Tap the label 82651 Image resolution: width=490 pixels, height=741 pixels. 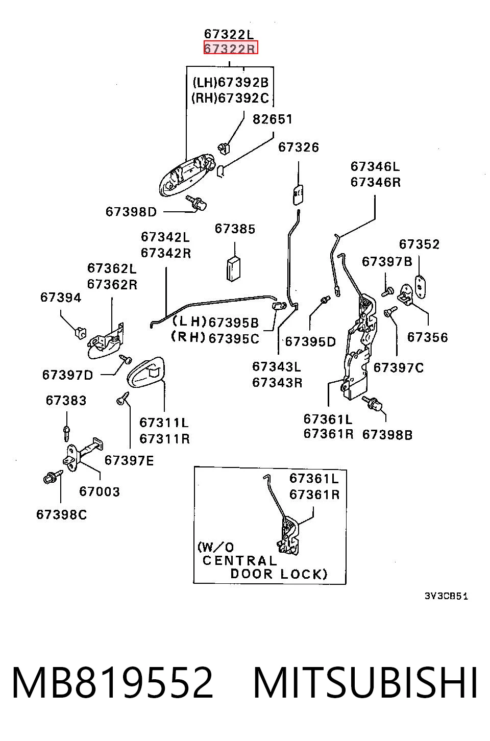(273, 119)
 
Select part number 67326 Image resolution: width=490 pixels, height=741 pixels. (299, 147)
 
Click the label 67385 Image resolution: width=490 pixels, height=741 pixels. (235, 229)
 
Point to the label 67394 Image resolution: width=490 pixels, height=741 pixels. (61, 298)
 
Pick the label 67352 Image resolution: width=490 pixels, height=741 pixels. (419, 244)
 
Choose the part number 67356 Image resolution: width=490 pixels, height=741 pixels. (427, 337)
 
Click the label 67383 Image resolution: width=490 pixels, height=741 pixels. (66, 400)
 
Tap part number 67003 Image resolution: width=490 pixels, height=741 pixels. (99, 491)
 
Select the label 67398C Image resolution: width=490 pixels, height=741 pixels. (62, 515)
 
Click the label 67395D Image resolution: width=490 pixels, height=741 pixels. (311, 342)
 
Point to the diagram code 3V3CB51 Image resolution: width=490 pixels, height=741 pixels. (446, 596)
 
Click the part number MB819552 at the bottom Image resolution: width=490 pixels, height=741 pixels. (112, 683)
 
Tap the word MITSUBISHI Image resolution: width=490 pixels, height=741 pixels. (365, 683)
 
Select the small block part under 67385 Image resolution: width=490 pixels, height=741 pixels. (234, 268)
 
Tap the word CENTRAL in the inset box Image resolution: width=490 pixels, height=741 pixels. (239, 560)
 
